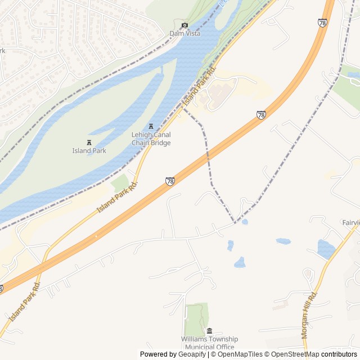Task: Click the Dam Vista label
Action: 185,34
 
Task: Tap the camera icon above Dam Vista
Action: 184,25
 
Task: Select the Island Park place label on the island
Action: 89,150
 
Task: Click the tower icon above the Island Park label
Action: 89,142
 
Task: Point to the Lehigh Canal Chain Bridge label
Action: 151,139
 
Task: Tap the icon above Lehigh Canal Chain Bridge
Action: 151,127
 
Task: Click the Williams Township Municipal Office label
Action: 209,343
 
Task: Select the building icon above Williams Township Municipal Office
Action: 209,331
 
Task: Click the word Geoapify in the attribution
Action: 192,354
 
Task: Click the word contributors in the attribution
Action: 339,354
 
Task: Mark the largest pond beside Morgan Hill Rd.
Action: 326,249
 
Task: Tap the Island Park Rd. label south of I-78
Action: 24,302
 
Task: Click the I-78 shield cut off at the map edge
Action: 1,289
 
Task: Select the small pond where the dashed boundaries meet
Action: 245,222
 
